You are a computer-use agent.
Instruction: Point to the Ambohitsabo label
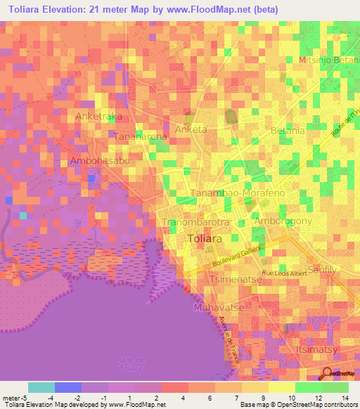(x=100, y=161)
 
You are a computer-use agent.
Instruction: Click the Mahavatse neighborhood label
(x=216, y=307)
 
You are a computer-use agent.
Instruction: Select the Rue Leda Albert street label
(x=285, y=273)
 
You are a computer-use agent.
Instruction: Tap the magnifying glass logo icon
(x=328, y=373)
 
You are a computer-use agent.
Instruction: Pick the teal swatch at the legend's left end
(x=41, y=387)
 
